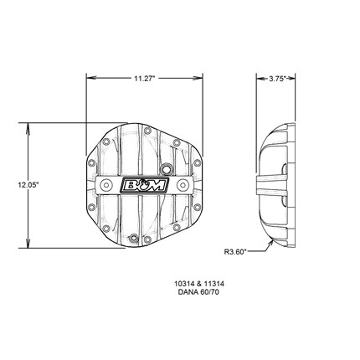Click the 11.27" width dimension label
[144, 79]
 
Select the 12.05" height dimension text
[28, 184]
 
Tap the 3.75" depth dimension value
[277, 79]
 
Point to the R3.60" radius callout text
[235, 252]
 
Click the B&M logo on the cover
[144, 185]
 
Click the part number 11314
[213, 284]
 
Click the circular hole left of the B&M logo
[106, 185]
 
